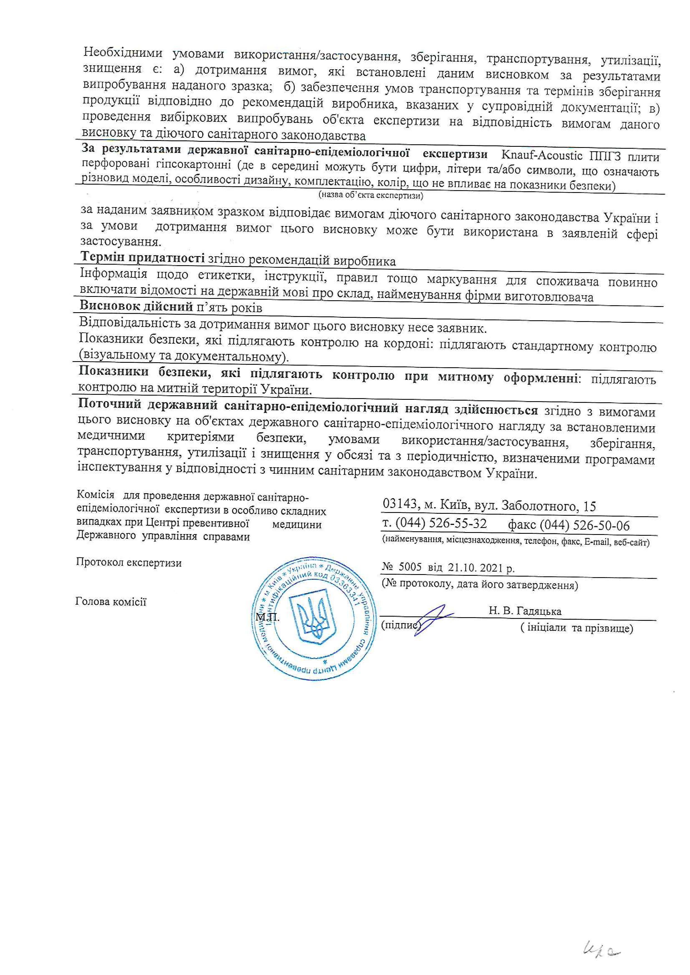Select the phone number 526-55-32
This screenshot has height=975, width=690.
coord(458,523)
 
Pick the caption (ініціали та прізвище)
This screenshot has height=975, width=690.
coord(576,628)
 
